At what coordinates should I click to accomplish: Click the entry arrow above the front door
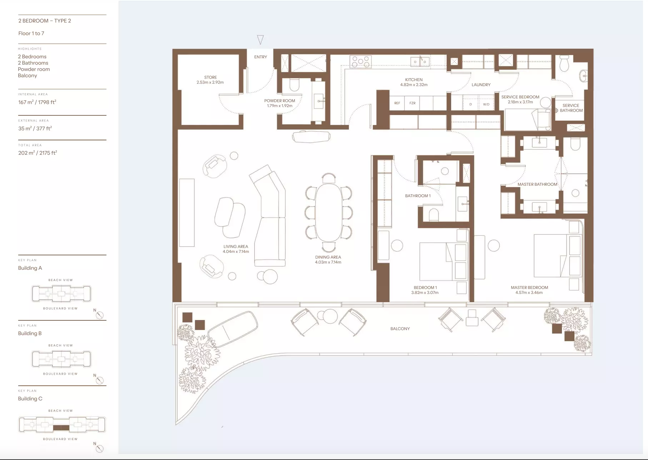[260, 40]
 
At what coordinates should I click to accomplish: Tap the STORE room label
[210, 77]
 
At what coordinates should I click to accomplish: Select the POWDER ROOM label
[280, 101]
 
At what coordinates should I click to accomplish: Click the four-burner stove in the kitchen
[360, 61]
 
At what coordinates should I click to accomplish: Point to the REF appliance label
[397, 103]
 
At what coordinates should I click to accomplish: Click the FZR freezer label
[413, 103]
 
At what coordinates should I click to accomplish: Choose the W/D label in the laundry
[486, 104]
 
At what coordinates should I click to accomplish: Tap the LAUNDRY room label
[481, 85]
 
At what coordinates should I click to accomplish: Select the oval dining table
[328, 212]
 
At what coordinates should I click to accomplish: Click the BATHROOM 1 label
[418, 196]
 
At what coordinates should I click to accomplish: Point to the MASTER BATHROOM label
[537, 184]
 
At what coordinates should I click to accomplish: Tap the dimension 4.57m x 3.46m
[529, 292]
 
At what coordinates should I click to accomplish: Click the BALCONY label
[400, 329]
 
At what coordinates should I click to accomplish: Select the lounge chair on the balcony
[233, 329]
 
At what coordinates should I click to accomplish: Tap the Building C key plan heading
[30, 399]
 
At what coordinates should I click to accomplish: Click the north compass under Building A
[99, 315]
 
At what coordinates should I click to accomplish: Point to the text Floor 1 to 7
[31, 33]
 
